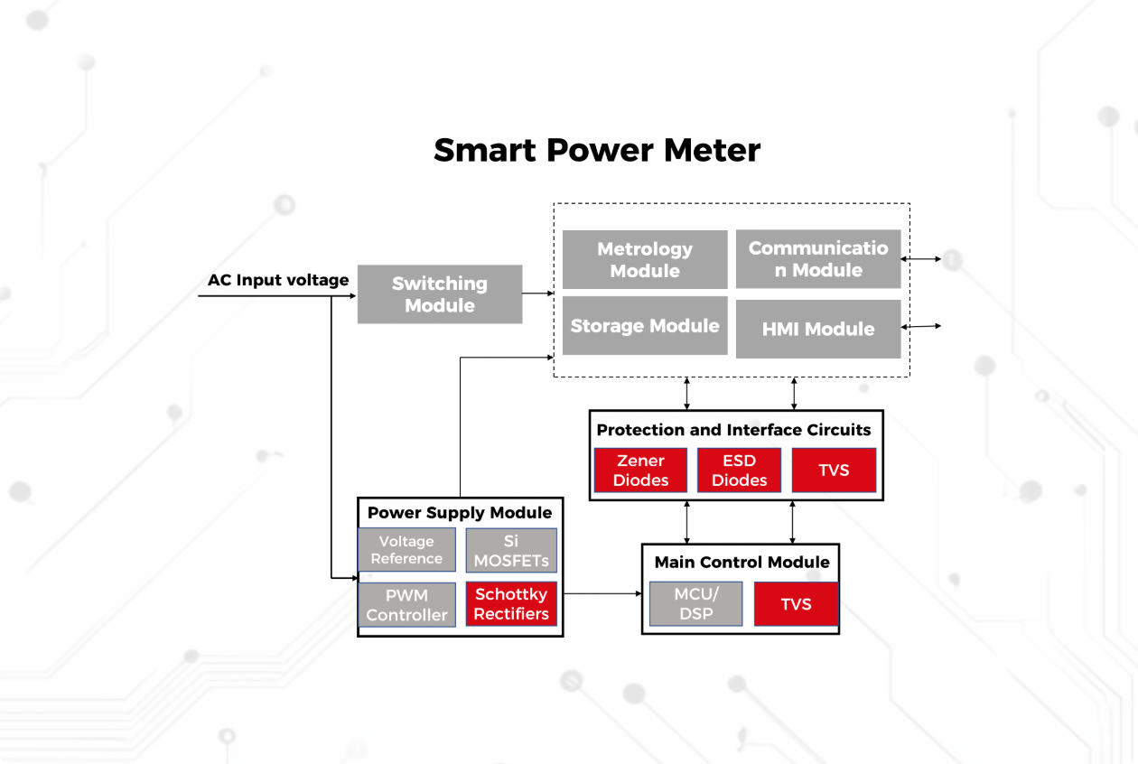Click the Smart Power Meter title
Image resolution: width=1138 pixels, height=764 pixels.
pyautogui.click(x=597, y=150)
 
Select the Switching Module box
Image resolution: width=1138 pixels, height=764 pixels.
pyautogui.click(x=440, y=294)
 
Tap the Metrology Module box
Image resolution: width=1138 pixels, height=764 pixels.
pyautogui.click(x=645, y=260)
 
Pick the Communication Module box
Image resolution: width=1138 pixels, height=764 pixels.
pyautogui.click(x=818, y=259)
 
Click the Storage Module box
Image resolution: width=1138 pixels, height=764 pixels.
pyautogui.click(x=645, y=326)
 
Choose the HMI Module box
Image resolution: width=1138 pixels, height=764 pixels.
pyautogui.click(x=818, y=329)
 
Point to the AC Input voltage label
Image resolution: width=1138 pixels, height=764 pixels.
pyautogui.click(x=278, y=280)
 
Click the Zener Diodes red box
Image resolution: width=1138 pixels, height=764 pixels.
pyautogui.click(x=640, y=471)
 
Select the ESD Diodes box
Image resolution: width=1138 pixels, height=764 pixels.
pyautogui.click(x=739, y=471)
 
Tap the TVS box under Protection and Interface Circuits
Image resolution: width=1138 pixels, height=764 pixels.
pyautogui.click(x=834, y=471)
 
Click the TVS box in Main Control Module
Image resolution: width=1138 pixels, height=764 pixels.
pyautogui.click(x=796, y=604)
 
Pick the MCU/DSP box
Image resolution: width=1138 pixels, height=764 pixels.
pyautogui.click(x=695, y=604)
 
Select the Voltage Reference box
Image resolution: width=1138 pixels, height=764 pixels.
pyautogui.click(x=406, y=550)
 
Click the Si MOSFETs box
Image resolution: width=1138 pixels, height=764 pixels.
pyautogui.click(x=511, y=551)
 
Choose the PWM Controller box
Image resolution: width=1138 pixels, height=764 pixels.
pyautogui.click(x=406, y=605)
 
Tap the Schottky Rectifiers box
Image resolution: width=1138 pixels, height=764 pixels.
pyautogui.click(x=511, y=604)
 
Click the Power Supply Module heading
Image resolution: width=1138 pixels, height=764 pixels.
pyautogui.click(x=460, y=513)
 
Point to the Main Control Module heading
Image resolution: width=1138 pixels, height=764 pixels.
pyautogui.click(x=742, y=562)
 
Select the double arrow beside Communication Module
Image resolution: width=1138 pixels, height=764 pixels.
pyautogui.click(x=921, y=259)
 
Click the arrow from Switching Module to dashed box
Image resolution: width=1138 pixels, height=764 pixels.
pyautogui.click(x=538, y=293)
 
